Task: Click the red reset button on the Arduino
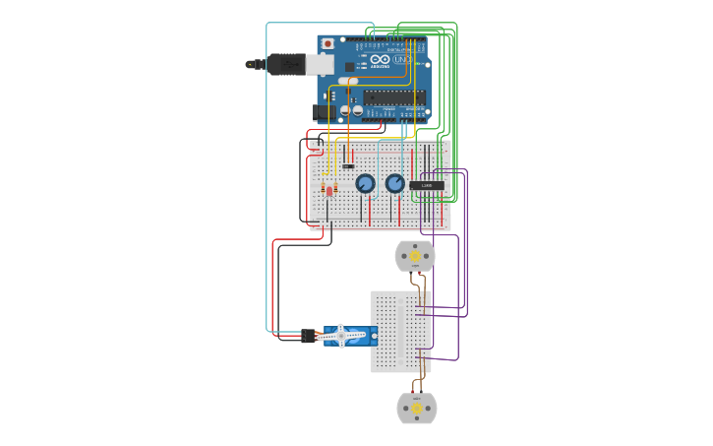pos(326,44)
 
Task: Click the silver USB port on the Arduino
pos(319,64)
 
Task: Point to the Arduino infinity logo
pos(380,60)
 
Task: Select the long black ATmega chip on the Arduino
pos(394,97)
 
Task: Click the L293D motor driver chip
pos(427,185)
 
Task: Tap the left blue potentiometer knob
pos(365,183)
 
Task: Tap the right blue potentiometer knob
pos(395,183)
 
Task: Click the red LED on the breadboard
pos(328,191)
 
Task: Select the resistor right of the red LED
pos(335,187)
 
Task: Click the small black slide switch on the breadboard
pos(348,165)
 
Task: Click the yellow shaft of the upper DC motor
pos(415,256)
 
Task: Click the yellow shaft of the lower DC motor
pos(416,408)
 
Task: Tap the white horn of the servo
pos(342,336)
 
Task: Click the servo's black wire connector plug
pos(308,336)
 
